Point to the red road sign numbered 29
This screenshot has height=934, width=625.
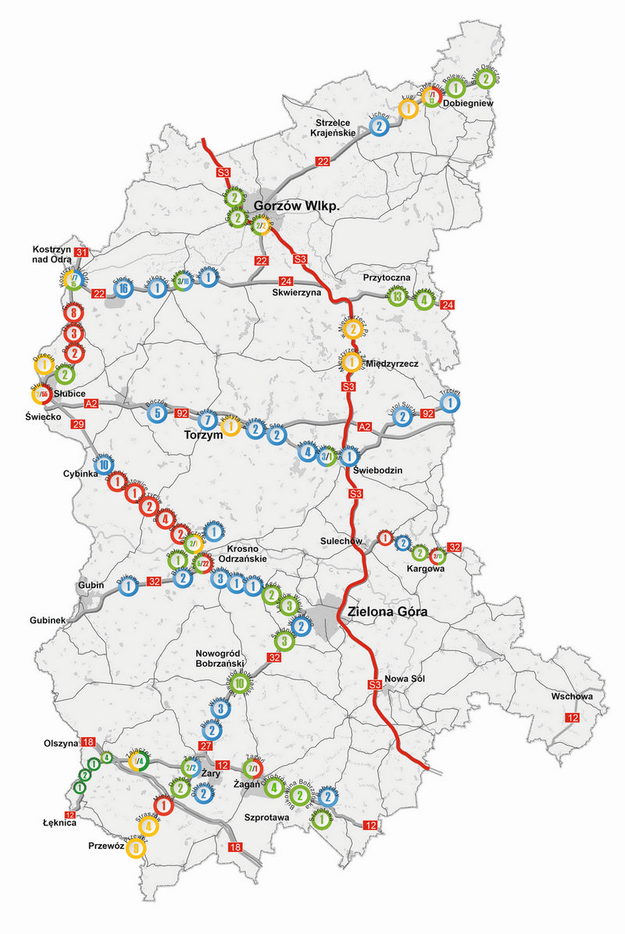click(x=78, y=424)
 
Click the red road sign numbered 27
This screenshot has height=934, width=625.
click(x=206, y=746)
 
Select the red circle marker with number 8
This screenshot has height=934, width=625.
click(x=73, y=313)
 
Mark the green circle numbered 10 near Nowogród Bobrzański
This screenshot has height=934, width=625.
click(x=240, y=684)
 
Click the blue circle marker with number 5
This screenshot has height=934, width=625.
click(x=158, y=413)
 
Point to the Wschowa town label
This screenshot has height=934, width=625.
click(x=571, y=696)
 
